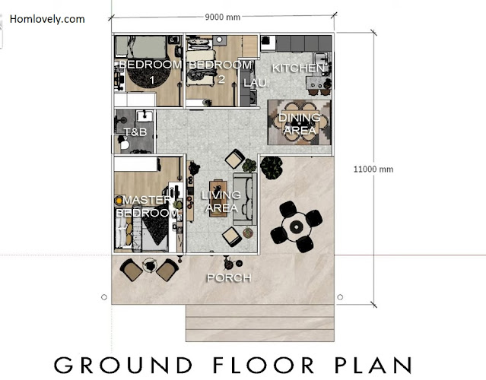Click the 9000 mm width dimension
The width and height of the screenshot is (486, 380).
click(x=223, y=17)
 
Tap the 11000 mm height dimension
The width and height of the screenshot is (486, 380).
click(x=373, y=169)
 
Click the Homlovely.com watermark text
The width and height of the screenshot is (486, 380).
click(x=47, y=19)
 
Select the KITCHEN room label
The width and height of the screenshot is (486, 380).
click(x=298, y=68)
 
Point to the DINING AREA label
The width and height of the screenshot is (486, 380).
click(x=300, y=124)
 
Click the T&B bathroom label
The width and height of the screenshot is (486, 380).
click(x=135, y=132)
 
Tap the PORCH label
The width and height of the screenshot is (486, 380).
click(x=229, y=278)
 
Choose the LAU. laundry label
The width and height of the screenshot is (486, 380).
click(x=256, y=83)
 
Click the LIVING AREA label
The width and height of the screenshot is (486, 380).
click(x=221, y=201)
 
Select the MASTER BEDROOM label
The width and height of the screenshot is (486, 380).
click(x=147, y=206)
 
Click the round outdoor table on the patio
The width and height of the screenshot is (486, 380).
click(x=297, y=227)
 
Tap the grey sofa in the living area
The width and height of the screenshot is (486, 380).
click(x=245, y=198)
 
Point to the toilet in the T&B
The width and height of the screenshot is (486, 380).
click(x=125, y=144)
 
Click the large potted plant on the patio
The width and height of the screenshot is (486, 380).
click(x=272, y=167)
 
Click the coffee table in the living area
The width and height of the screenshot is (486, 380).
click(x=218, y=198)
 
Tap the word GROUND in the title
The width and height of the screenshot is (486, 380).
click(x=123, y=365)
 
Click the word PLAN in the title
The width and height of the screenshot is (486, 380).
click(x=373, y=365)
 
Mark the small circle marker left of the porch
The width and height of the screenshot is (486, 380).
click(x=104, y=297)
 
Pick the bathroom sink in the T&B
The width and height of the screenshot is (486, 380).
click(x=145, y=116)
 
